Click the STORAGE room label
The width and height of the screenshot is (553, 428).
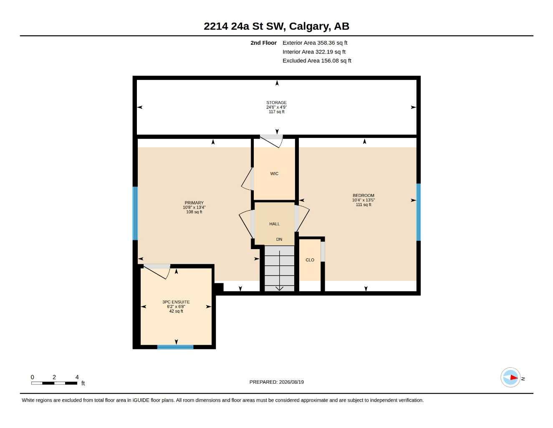coord(276,103)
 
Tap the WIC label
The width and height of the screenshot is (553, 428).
coord(274,174)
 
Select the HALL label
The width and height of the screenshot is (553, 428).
coord(274,224)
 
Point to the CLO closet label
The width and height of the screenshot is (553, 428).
coord(310,260)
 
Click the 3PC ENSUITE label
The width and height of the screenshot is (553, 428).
coord(176,302)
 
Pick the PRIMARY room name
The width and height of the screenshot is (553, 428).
coord(194,203)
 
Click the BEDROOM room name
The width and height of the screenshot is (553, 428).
coord(363,196)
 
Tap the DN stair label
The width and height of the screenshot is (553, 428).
coord(279,239)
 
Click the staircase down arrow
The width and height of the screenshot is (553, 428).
coord(280,270)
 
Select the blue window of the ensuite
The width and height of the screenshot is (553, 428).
coord(175,347)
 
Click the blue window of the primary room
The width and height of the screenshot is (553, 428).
coord(135,214)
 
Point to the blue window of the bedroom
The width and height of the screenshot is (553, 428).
coord(418,212)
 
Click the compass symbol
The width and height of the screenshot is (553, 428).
coord(510,377)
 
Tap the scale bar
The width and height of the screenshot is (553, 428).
coord(54,383)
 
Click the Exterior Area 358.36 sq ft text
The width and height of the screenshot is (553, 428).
coord(315,43)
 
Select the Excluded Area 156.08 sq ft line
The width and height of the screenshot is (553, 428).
coord(317,61)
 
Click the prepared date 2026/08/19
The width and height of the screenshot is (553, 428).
coord(291,382)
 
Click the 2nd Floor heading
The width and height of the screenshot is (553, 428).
coord(263,43)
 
